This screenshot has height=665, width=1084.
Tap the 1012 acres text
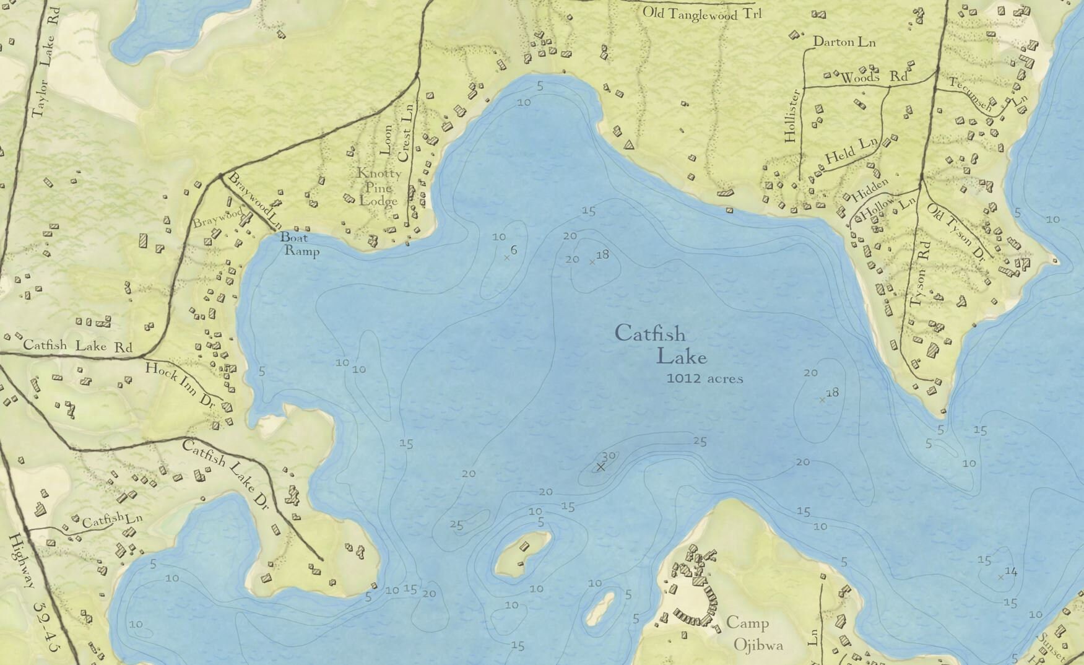click(x=705, y=378)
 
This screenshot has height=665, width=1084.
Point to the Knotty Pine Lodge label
click(x=378, y=187)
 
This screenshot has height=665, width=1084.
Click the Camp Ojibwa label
click(x=749, y=633)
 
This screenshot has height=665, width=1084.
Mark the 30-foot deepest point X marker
click(x=600, y=467)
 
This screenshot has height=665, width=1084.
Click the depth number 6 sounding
click(x=514, y=250)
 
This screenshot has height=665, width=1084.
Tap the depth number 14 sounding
click(x=1010, y=572)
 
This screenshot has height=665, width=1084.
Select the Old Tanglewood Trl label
click(x=702, y=13)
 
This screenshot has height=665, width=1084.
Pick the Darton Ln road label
click(x=844, y=42)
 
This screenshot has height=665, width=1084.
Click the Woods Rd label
click(x=874, y=77)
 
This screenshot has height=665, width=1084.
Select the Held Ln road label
click(x=851, y=150)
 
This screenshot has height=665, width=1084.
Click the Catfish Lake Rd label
click(x=77, y=345)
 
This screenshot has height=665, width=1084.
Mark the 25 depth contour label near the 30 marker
click(x=700, y=441)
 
